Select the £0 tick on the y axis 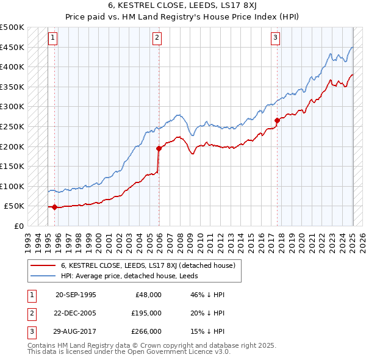18,226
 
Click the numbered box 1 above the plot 52,38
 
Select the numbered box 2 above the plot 157,38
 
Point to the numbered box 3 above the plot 275,38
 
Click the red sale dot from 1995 54,207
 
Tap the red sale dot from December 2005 159,148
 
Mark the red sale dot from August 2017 277,120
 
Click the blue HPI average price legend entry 129,276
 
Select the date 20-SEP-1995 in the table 76,295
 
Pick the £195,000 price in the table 146,313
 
